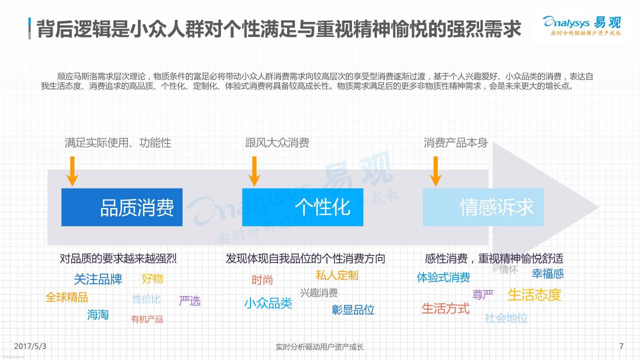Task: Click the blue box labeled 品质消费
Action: point(122,207)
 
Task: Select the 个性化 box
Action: point(302,207)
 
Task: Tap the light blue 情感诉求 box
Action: point(483,207)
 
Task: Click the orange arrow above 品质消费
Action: point(72,171)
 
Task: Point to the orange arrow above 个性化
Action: point(254,171)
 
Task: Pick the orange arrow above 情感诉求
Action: point(435,171)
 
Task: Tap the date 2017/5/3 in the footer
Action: point(30,346)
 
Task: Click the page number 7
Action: point(621,346)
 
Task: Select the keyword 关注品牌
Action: point(98,279)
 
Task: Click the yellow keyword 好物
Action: point(152,278)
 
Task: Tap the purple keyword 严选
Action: point(189,300)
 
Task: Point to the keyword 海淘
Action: point(97,314)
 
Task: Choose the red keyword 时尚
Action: point(262,279)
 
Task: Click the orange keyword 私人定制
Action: point(337,275)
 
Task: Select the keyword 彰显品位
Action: point(353,309)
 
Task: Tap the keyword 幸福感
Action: point(547,273)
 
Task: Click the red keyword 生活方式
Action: point(445,308)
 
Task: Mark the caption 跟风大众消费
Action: point(277,143)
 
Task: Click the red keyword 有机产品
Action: point(147,319)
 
